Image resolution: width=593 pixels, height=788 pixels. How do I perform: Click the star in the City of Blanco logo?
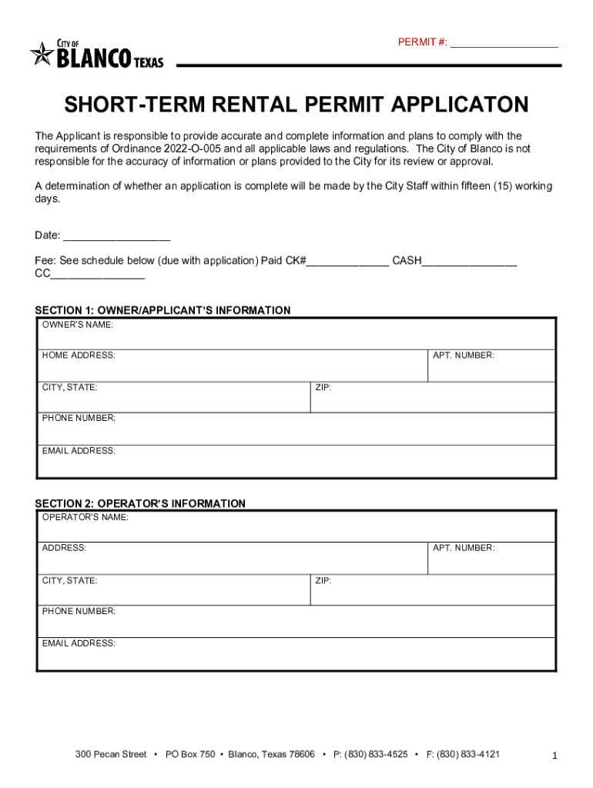click(x=42, y=55)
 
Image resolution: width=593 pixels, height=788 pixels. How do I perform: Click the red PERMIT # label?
click(x=421, y=42)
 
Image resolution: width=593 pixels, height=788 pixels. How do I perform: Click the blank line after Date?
click(x=116, y=235)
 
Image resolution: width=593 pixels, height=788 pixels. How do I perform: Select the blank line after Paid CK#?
click(x=348, y=261)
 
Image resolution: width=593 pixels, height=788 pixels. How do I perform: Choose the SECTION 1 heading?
click(x=162, y=310)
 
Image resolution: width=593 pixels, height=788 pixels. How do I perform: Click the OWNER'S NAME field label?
click(x=78, y=325)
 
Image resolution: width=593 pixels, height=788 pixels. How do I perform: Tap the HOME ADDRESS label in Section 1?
click(x=79, y=356)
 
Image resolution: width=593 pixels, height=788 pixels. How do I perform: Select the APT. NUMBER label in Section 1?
click(x=464, y=356)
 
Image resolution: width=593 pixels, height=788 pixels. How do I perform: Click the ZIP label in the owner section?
click(x=323, y=387)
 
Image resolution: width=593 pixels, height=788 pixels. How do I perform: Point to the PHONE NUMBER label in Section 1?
click(x=79, y=418)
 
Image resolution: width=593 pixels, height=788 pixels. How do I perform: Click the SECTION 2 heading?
click(x=140, y=503)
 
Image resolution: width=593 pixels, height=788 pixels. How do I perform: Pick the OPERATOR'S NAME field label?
click(x=85, y=517)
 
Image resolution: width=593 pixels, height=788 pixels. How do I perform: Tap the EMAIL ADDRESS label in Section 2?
click(x=79, y=643)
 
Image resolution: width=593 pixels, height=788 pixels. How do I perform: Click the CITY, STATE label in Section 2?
click(x=69, y=580)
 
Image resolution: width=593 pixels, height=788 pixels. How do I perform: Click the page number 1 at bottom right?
click(x=554, y=756)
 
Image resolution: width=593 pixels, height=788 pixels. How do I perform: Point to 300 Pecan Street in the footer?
click(x=111, y=755)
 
